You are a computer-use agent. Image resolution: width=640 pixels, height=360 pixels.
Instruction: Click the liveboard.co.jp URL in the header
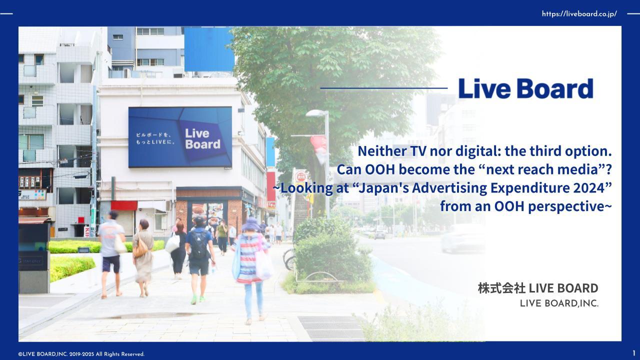[579, 13]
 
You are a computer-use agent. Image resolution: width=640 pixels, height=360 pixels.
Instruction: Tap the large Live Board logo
[525, 88]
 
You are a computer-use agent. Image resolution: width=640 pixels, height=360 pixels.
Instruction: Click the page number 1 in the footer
[634, 353]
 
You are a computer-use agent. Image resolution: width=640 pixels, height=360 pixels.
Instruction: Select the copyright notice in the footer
[81, 354]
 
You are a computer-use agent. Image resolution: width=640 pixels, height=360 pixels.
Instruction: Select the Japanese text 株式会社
[501, 288]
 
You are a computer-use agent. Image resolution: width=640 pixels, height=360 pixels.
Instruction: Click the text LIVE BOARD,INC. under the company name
[559, 303]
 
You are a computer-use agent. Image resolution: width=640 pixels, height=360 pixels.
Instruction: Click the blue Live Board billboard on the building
[180, 137]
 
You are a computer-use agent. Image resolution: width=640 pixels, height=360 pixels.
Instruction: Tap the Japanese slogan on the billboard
[155, 138]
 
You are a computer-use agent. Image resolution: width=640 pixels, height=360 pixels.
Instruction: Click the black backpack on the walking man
[199, 244]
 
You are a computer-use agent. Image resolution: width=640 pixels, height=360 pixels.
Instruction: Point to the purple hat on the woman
[251, 224]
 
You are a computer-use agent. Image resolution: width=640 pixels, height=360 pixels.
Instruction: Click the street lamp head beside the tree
[316, 113]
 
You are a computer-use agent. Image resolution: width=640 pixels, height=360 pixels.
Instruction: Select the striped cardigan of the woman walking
[249, 258]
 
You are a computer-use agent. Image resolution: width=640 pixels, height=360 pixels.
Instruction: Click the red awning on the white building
[124, 205]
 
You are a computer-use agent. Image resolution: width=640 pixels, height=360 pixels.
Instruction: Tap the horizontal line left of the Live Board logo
[383, 88]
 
